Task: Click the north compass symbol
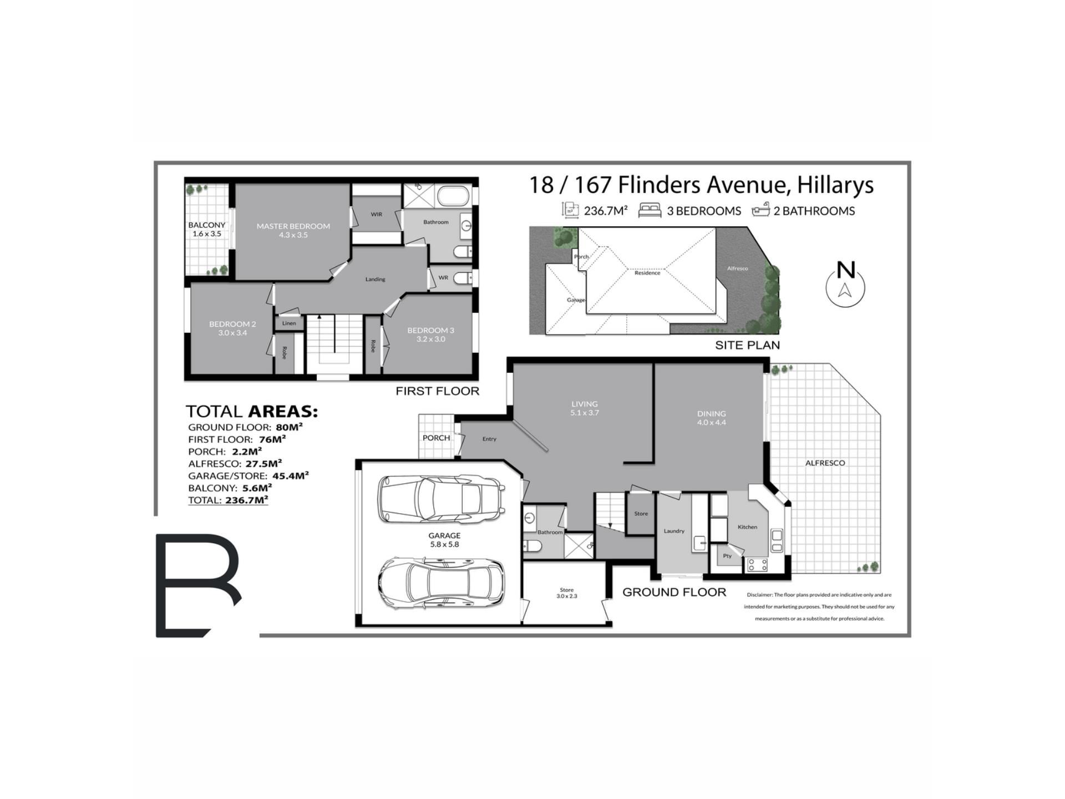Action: click(x=845, y=284)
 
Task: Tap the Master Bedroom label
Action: click(x=293, y=226)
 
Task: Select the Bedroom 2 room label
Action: click(x=232, y=324)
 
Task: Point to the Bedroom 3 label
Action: click(x=430, y=330)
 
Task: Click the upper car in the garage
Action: click(x=441, y=498)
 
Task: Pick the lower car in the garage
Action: click(x=442, y=583)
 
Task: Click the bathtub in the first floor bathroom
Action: click(x=453, y=196)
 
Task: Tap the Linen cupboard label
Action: click(x=289, y=323)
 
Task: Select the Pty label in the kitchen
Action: click(x=727, y=555)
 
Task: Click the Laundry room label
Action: click(x=674, y=531)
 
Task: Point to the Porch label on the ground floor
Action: click(x=436, y=438)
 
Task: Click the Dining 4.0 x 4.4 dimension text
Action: click(x=712, y=422)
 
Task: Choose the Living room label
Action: click(x=585, y=404)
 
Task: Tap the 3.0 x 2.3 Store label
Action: click(x=567, y=596)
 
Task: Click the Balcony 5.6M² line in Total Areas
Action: click(x=230, y=488)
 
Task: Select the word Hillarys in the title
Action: click(x=835, y=186)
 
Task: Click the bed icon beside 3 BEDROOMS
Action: click(x=650, y=210)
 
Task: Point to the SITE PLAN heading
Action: click(x=747, y=345)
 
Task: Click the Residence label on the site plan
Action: click(x=647, y=273)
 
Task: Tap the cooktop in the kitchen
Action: click(x=757, y=565)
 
